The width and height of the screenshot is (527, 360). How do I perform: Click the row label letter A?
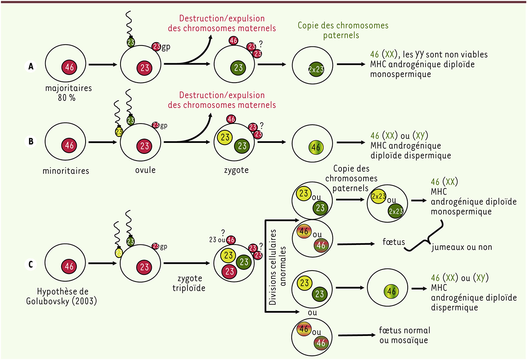click(30, 67)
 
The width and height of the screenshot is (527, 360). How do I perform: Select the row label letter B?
click(30, 142)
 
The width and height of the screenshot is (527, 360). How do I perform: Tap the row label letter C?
click(30, 265)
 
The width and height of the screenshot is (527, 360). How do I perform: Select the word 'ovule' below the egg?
click(145, 171)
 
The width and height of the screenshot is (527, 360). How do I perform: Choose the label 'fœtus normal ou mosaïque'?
click(405, 335)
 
